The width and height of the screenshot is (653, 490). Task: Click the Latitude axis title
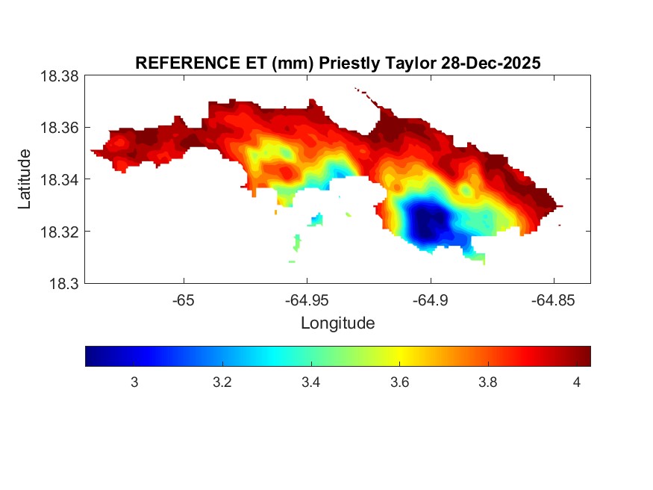pos(25,179)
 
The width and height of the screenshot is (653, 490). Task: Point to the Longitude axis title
pos(337,323)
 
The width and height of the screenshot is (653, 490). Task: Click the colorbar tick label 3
pos(134,383)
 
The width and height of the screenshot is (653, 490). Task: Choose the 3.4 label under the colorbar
pos(310,383)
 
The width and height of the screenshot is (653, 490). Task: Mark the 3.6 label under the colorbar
pos(399,383)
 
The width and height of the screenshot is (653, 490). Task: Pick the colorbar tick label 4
pos(576,383)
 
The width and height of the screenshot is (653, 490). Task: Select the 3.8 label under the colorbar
pos(487,383)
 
